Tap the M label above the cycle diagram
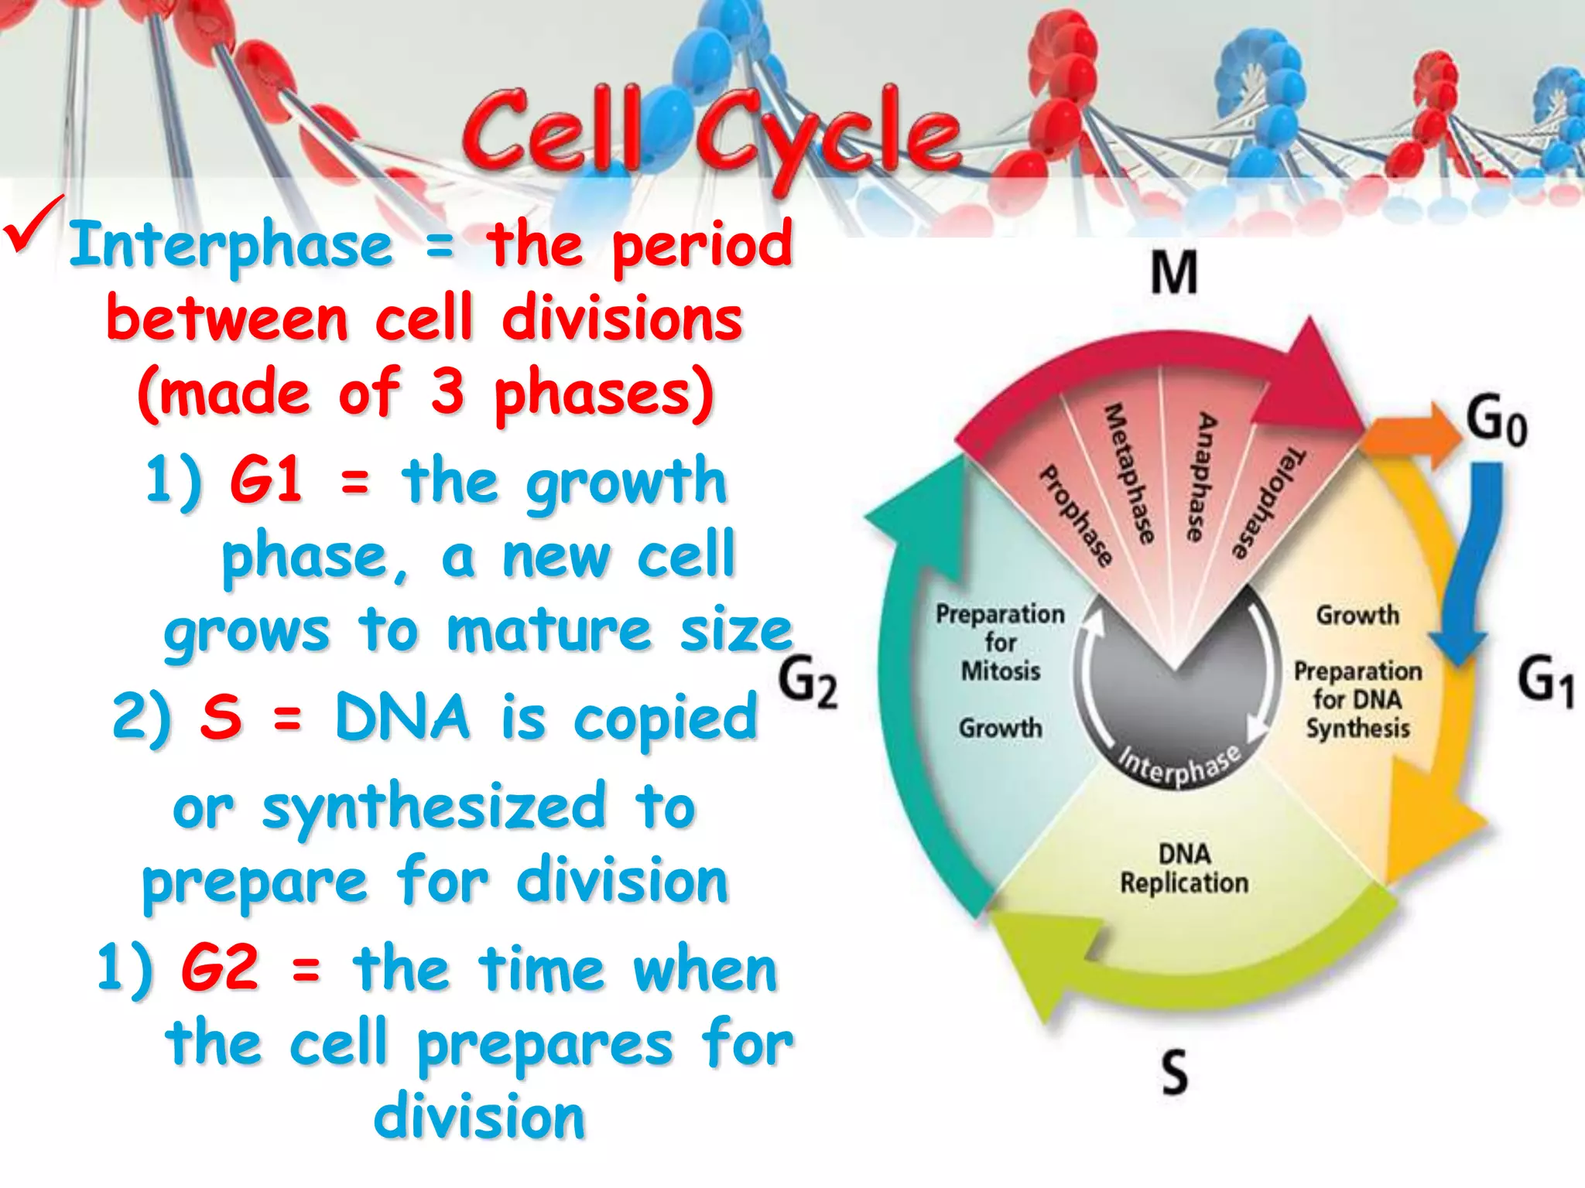click(1173, 273)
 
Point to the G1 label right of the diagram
click(1545, 681)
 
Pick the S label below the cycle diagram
click(1174, 1072)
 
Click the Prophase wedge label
click(1076, 515)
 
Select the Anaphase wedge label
click(1201, 476)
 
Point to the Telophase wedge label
click(1268, 503)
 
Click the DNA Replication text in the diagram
click(1184, 869)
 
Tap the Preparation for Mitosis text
click(1000, 643)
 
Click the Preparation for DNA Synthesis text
click(1357, 699)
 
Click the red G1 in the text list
click(265, 480)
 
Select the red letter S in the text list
click(221, 716)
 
